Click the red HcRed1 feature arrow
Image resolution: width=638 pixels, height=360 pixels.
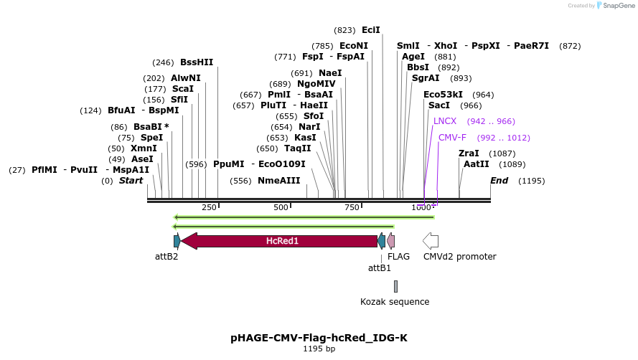(280, 241)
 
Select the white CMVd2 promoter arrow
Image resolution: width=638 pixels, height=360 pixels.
(431, 241)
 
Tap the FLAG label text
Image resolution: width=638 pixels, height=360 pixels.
(398, 256)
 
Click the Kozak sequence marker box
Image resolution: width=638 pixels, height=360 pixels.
(395, 286)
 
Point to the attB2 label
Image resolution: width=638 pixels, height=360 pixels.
(166, 256)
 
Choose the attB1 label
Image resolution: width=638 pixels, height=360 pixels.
(380, 268)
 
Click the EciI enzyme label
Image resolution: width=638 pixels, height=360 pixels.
(371, 30)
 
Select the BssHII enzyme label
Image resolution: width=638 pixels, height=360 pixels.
(197, 62)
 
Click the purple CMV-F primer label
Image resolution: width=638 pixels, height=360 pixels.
(452, 138)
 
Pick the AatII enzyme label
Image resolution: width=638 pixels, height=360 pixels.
(477, 164)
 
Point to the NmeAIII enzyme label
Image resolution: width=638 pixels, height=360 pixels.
(279, 181)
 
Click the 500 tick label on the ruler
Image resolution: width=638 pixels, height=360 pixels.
(281, 207)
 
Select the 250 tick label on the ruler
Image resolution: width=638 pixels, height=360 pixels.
(209, 207)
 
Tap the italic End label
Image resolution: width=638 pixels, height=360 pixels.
(499, 181)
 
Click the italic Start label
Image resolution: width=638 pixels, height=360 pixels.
(131, 181)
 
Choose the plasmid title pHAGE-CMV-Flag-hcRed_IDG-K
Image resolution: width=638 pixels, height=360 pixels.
(324, 337)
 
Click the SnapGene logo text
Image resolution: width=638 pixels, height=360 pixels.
(618, 6)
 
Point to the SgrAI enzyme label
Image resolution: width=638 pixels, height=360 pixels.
(426, 78)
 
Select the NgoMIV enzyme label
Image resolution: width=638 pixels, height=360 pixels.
(316, 84)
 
